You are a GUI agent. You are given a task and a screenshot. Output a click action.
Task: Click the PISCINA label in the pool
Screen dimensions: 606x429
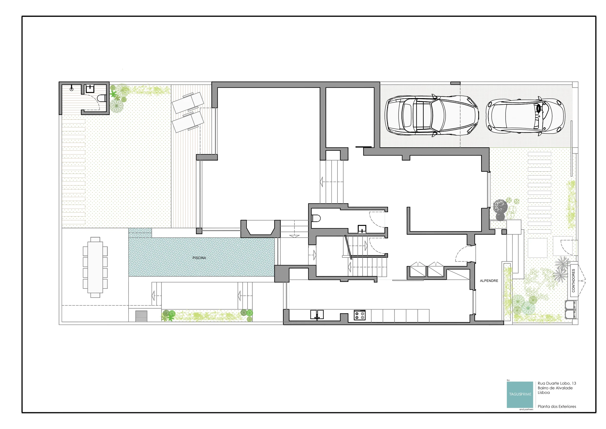pos(199,258)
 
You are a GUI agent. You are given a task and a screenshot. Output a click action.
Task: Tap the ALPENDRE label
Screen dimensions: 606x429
pos(489,281)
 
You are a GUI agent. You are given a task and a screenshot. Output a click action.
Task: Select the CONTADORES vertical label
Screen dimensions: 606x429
pos(573,280)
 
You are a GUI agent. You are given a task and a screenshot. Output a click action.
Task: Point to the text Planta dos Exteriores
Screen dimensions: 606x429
pos(557,406)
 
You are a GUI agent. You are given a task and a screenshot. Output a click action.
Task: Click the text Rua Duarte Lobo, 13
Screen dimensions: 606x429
pos(557,383)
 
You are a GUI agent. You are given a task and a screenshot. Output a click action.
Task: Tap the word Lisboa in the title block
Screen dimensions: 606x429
pos(544,393)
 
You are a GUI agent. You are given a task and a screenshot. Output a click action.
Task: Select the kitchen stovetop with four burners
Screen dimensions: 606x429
pos(360,315)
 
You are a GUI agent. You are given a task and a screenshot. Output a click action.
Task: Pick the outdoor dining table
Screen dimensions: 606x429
pos(95,267)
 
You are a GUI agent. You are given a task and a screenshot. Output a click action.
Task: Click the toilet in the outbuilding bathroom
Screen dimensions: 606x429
pos(102,98)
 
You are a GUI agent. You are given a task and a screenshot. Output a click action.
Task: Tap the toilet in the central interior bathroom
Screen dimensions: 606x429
pos(316,218)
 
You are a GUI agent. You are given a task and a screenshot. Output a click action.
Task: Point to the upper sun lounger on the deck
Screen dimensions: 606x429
pos(188,103)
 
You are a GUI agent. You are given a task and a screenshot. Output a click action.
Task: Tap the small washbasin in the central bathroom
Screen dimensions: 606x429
pos(362,229)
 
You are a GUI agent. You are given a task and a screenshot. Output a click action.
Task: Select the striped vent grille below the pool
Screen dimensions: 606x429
pos(141,316)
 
